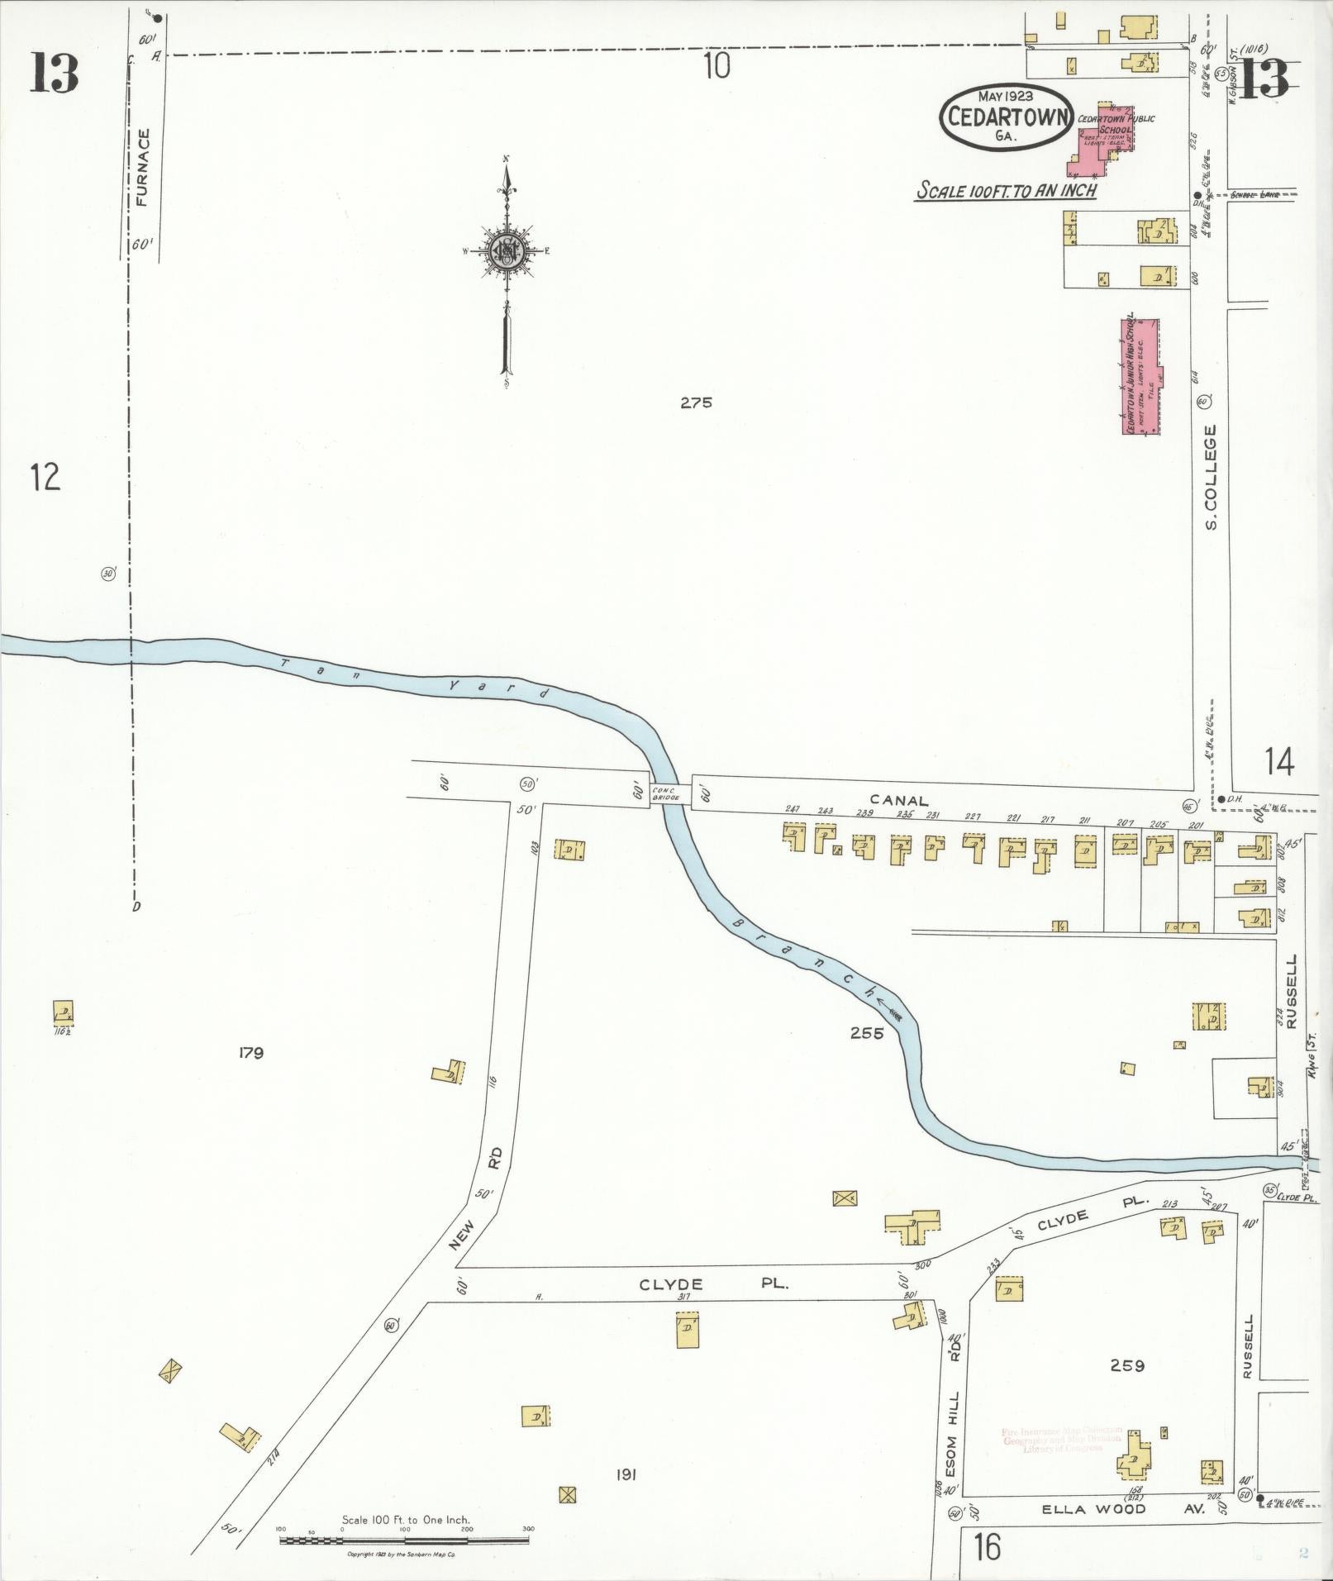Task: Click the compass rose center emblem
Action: click(x=503, y=250)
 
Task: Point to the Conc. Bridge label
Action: click(x=664, y=793)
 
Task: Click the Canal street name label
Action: click(x=899, y=800)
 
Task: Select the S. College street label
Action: click(x=1211, y=477)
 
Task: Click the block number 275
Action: click(x=696, y=403)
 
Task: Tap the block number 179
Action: click(x=250, y=1053)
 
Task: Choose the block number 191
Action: click(x=625, y=1474)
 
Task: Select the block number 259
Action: click(x=1126, y=1365)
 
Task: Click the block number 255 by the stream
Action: click(x=866, y=1032)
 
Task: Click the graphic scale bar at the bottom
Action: click(x=404, y=1541)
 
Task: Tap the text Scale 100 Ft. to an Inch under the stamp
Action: click(x=1006, y=191)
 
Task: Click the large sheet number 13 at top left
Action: click(x=55, y=73)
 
